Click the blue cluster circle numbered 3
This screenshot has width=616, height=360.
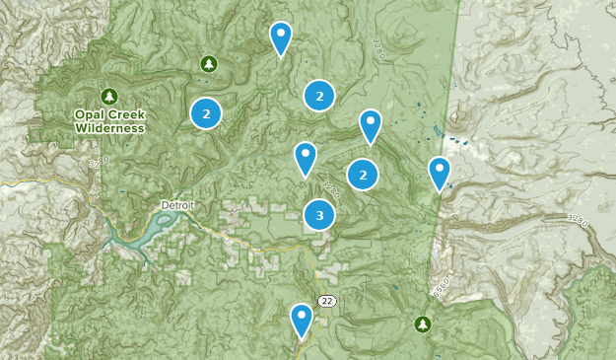click(319, 214)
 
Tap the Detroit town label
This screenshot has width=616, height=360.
click(178, 204)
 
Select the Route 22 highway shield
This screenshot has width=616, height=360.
click(326, 300)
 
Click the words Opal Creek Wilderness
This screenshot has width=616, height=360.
click(109, 122)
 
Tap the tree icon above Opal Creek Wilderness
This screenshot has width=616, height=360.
click(109, 97)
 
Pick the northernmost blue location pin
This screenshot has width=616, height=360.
click(281, 37)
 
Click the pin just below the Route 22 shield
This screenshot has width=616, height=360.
click(302, 319)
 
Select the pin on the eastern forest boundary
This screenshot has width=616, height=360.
click(439, 173)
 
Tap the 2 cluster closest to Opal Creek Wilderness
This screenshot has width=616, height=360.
click(206, 114)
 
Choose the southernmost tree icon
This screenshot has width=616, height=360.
click(423, 323)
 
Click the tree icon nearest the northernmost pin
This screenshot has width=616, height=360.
click(208, 64)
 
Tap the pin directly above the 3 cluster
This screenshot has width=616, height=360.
click(306, 157)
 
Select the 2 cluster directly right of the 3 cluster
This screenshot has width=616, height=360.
click(364, 175)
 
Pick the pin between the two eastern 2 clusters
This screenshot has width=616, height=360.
click(370, 125)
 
